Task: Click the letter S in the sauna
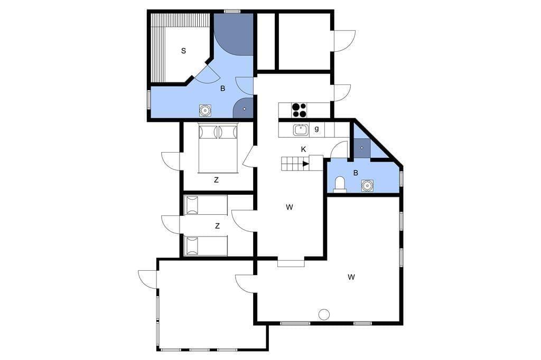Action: (x=183, y=51)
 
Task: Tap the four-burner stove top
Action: (x=299, y=110)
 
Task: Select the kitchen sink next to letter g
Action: (x=301, y=130)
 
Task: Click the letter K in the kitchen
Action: (x=304, y=149)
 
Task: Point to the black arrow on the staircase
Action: (x=306, y=164)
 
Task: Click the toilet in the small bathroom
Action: (x=340, y=184)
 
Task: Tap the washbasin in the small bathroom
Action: (x=367, y=186)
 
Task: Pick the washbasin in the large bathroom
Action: (x=206, y=110)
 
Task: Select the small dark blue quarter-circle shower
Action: (x=244, y=108)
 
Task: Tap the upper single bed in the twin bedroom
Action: (x=206, y=205)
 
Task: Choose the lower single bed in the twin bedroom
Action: (x=206, y=246)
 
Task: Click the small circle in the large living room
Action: (x=324, y=314)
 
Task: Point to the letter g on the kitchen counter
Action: (x=317, y=129)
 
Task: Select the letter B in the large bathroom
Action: (x=223, y=89)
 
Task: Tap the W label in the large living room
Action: (x=351, y=277)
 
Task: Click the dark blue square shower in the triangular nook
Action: (x=362, y=148)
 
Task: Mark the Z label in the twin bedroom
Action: (x=217, y=226)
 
